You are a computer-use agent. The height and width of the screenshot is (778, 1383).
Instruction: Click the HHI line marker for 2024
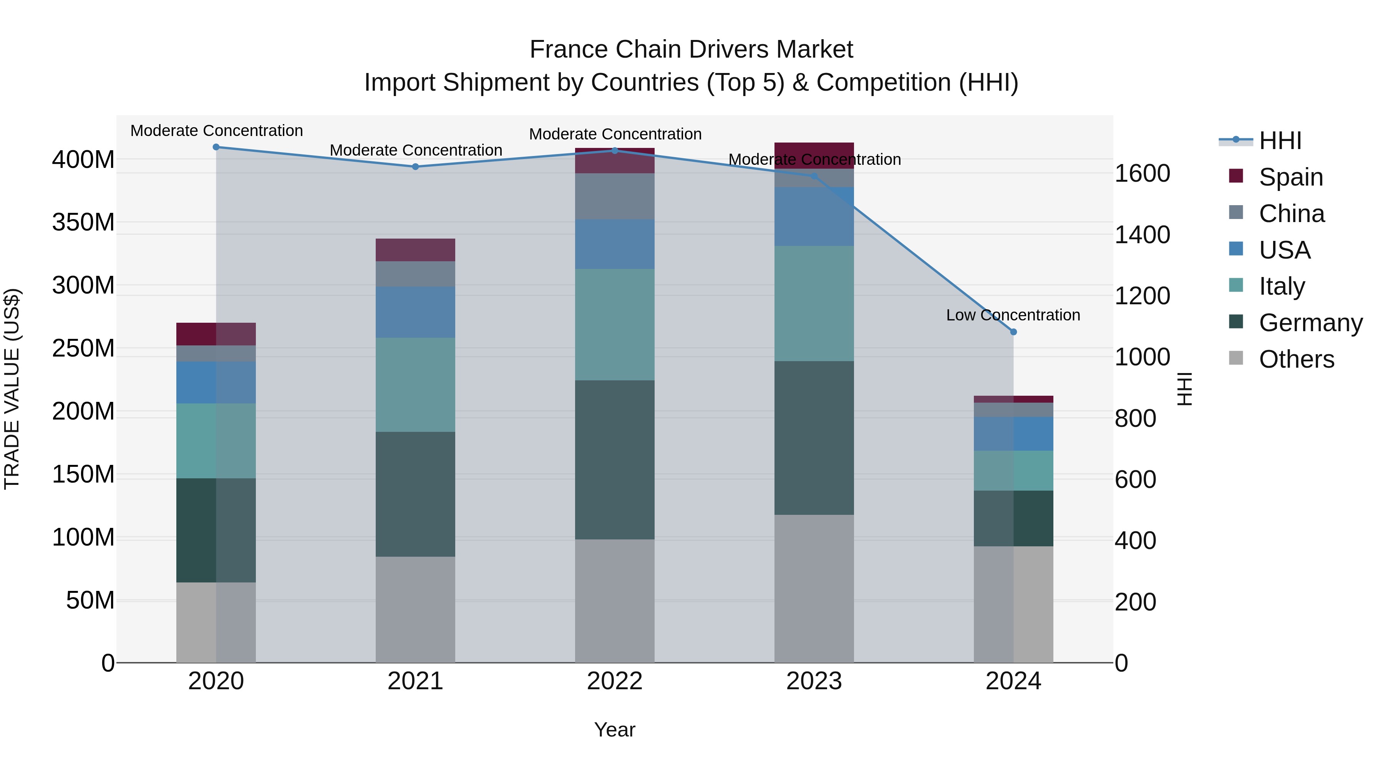[1013, 332]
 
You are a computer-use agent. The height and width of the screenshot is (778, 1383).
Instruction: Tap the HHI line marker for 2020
[216, 147]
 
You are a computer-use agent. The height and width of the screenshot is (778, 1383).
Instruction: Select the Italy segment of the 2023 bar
[814, 304]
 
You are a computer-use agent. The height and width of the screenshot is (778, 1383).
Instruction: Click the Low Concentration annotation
[1013, 315]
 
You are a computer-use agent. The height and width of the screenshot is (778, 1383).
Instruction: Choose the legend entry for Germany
[1310, 323]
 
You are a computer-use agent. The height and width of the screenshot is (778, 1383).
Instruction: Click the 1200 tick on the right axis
[1143, 296]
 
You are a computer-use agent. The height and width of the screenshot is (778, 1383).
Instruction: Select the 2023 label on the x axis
[814, 681]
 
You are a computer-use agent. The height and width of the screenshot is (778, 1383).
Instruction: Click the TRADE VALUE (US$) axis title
[12, 389]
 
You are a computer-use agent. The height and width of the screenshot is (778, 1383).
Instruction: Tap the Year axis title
[614, 730]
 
